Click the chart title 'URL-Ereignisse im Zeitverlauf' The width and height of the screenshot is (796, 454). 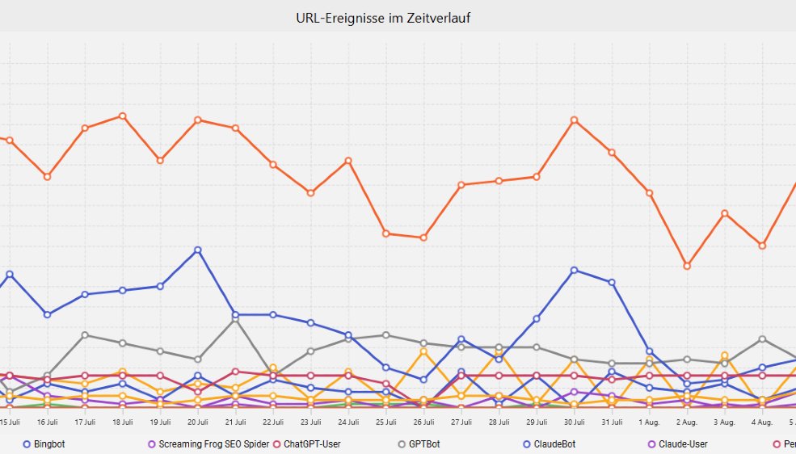pyautogui.click(x=383, y=18)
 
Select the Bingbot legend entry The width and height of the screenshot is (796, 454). pyautogui.click(x=48, y=444)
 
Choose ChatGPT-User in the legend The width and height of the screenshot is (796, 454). pyautogui.click(x=312, y=444)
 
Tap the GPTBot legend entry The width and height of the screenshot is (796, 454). pyautogui.click(x=423, y=444)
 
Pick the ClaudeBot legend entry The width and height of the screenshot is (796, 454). pyautogui.click(x=553, y=444)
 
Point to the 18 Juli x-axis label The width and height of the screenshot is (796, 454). pyautogui.click(x=122, y=422)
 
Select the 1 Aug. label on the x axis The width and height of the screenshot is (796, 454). pyautogui.click(x=649, y=422)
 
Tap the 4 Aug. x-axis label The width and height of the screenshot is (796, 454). pyautogui.click(x=762, y=422)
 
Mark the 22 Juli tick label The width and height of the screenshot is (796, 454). pyautogui.click(x=273, y=422)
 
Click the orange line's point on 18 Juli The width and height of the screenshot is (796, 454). pyautogui.click(x=122, y=116)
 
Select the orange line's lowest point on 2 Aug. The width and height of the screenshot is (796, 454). pyautogui.click(x=687, y=266)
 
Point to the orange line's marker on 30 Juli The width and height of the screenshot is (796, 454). pyautogui.click(x=574, y=120)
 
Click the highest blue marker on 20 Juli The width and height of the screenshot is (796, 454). pyautogui.click(x=197, y=250)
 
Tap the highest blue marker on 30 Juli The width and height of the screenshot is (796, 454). pyautogui.click(x=574, y=270)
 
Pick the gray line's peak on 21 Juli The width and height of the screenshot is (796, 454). pyautogui.click(x=235, y=319)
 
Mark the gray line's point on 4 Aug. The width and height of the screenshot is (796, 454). pyautogui.click(x=762, y=339)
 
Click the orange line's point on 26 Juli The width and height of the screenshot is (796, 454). pyautogui.click(x=423, y=238)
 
